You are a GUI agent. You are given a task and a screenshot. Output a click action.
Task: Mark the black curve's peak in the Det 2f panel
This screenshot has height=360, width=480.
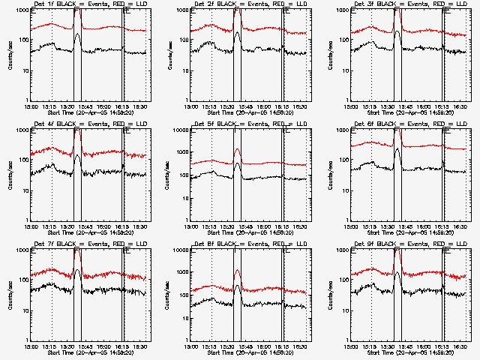pos(237,33)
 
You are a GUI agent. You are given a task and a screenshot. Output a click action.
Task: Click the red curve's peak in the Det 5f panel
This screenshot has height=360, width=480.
pos(237,149)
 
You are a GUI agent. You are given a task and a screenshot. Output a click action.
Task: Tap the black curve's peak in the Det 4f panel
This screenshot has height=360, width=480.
pos(77,156)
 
